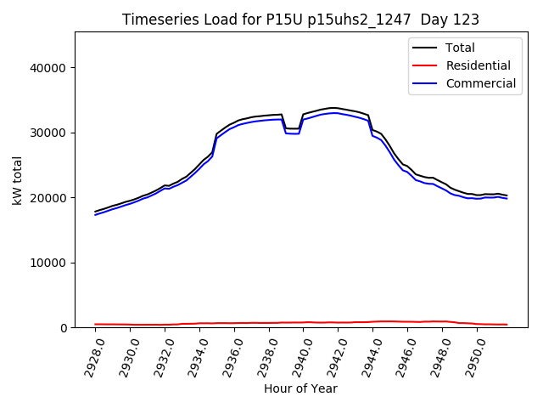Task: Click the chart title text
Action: pyautogui.click(x=300, y=20)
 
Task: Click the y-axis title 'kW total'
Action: pyautogui.click(x=17, y=180)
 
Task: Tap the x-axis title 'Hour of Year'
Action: pyautogui.click(x=300, y=388)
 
